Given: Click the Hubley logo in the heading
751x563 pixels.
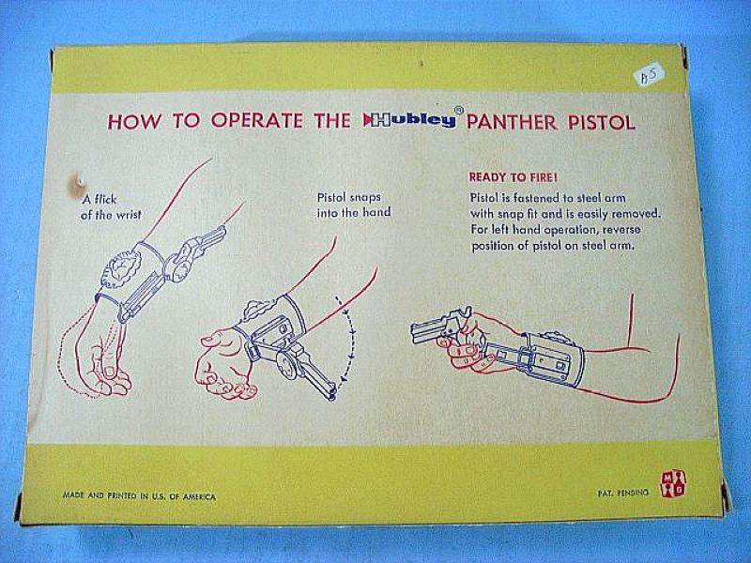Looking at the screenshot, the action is [409, 119].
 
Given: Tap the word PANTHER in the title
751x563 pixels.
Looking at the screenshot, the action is [511, 122].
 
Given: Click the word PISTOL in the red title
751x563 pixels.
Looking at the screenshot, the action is [602, 123].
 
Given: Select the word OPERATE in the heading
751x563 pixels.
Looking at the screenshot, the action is [256, 120].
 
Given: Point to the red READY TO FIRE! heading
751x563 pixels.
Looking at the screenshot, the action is [513, 177].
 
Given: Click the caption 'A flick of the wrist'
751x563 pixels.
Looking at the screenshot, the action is [111, 206].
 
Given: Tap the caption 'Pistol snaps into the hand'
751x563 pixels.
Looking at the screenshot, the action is [354, 205].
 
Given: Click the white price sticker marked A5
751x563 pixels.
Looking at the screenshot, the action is [650, 75].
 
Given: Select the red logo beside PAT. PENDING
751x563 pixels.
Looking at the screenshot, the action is [673, 483].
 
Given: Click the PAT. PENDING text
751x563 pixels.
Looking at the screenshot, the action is [622, 492].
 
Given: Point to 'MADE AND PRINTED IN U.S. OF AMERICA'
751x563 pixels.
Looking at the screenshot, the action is [139, 496].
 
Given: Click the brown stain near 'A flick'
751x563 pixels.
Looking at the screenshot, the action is [78, 186].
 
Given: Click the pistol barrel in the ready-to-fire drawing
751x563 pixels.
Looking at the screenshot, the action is [428, 331].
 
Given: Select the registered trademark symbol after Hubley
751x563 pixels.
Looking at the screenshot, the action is [458, 110].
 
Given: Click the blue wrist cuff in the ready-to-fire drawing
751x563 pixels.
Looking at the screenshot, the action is [556, 359].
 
